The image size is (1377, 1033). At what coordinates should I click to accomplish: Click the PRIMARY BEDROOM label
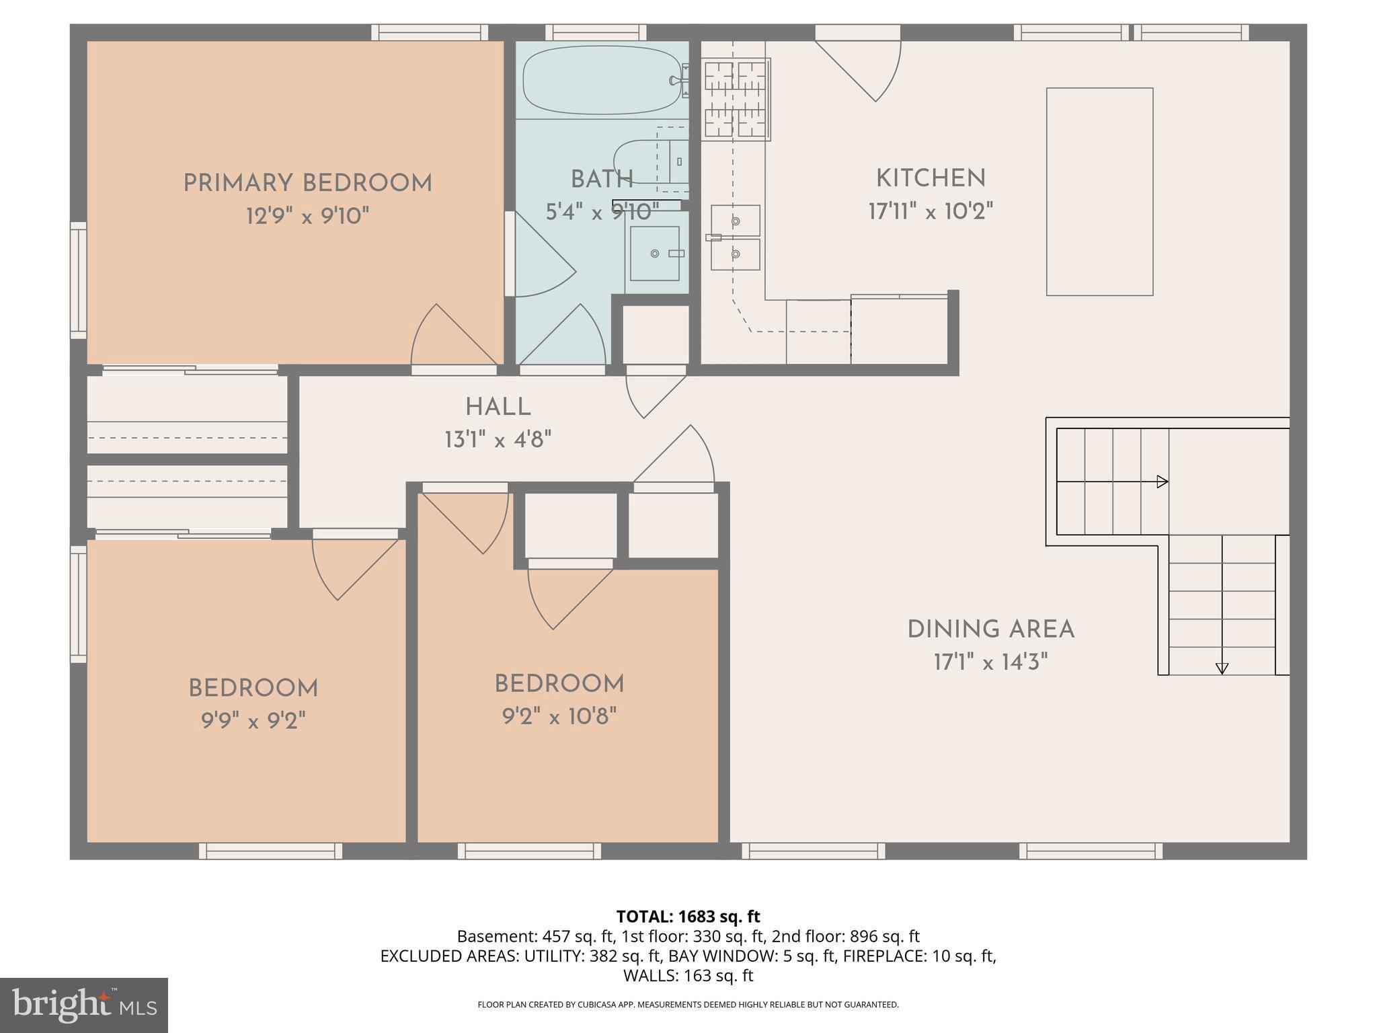(307, 183)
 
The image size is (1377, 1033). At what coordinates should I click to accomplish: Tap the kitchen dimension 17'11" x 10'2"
(931, 212)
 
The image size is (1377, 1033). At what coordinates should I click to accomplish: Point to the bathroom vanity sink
(654, 254)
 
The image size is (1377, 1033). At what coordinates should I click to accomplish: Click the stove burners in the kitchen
(736, 99)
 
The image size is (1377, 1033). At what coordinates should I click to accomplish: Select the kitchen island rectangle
(1099, 192)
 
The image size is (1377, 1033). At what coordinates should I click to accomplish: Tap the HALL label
(498, 407)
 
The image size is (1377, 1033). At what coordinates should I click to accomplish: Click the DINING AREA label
(990, 630)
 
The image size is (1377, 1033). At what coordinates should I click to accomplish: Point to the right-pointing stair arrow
(1161, 482)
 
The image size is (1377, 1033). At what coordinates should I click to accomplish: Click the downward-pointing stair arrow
(1222, 668)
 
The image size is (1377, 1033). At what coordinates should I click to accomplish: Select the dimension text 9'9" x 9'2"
(253, 722)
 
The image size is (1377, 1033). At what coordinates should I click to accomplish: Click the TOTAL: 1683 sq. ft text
(688, 917)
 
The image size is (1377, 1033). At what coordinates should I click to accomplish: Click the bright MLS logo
(83, 1005)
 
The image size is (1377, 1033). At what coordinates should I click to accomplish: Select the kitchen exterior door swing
(867, 67)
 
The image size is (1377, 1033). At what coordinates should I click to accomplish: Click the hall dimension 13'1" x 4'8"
(498, 441)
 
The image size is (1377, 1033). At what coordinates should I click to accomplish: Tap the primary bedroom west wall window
(79, 280)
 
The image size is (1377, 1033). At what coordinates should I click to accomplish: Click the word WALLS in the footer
(646, 975)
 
